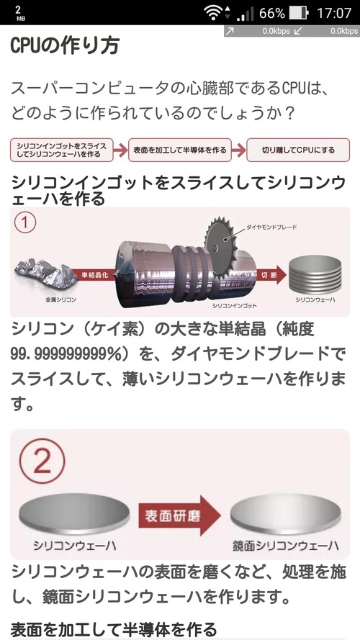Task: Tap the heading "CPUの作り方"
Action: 65,45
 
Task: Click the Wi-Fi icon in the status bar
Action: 213,13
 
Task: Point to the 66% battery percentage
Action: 271,13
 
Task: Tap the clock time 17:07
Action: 334,13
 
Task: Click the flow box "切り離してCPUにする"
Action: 298,150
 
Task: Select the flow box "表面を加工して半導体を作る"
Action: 180,150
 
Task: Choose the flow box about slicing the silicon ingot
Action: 62,150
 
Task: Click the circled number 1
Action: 25,222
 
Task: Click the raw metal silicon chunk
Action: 45,271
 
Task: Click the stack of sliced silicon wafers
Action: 315,274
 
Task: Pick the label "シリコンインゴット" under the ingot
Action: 232,305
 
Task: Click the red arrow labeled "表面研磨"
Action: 179,515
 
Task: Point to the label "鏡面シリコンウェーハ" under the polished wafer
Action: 285,546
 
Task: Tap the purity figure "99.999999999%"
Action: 66,354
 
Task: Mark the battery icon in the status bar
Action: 300,13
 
